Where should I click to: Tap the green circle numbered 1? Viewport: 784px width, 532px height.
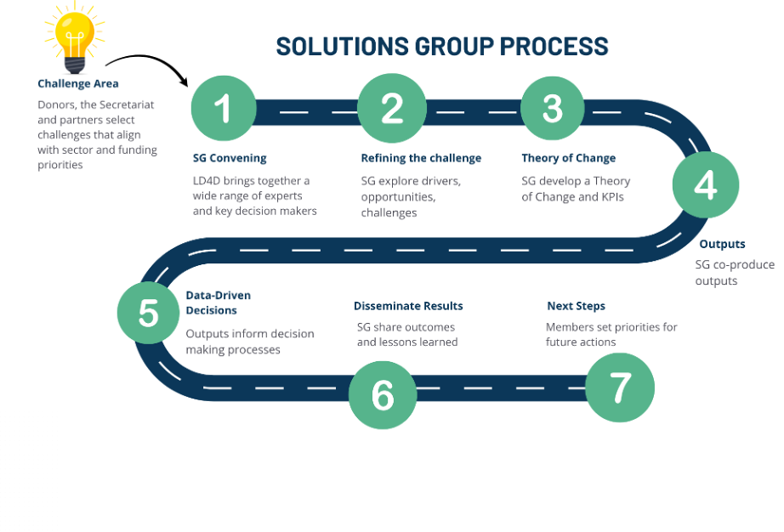click(x=224, y=108)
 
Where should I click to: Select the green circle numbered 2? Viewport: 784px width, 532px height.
click(x=391, y=108)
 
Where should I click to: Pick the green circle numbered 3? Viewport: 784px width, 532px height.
click(x=553, y=108)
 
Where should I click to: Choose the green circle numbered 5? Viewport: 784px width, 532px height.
click(x=150, y=312)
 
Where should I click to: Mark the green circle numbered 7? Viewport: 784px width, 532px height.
click(x=621, y=388)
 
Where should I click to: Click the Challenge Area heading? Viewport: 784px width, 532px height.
click(x=78, y=83)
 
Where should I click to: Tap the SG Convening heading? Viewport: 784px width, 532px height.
click(x=230, y=158)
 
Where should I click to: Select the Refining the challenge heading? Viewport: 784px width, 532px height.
click(x=421, y=158)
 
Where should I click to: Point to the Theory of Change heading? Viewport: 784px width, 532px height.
click(x=568, y=158)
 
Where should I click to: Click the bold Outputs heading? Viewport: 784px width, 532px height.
click(x=722, y=245)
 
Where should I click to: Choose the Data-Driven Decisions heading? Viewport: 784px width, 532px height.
click(x=219, y=303)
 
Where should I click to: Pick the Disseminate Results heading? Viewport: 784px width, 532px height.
click(x=408, y=306)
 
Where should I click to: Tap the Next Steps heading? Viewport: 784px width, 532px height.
click(x=576, y=306)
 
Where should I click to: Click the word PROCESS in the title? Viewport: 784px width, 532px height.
click(x=554, y=46)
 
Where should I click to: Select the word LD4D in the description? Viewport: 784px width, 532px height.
click(x=207, y=180)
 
